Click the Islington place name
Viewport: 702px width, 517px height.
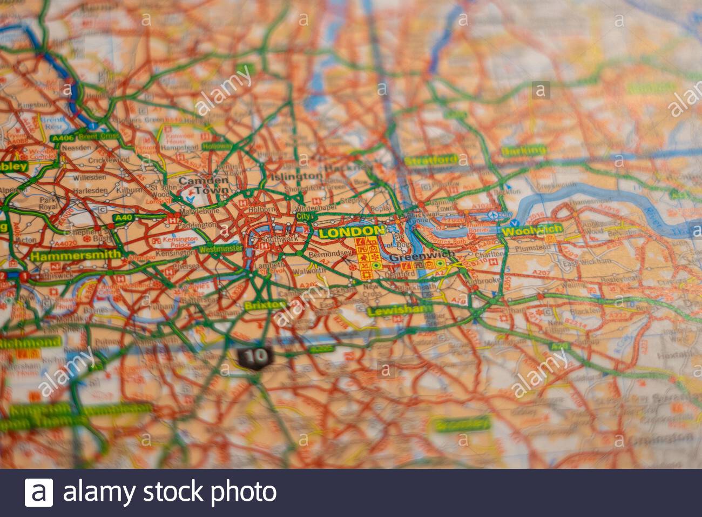[x=296, y=176]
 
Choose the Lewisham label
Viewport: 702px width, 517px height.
[x=399, y=310]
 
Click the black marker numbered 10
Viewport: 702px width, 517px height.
[x=253, y=356]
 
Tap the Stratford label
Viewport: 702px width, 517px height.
[x=430, y=160]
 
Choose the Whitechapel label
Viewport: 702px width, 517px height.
[x=321, y=207]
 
